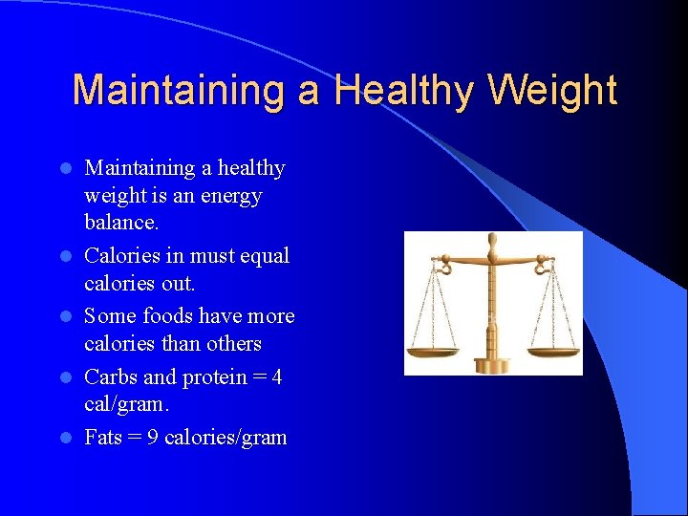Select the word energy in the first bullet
229,196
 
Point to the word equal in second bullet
264,256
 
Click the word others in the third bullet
236,343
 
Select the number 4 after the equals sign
276,376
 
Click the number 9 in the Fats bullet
152,438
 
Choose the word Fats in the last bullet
103,438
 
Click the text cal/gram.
126,404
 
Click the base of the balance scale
494,365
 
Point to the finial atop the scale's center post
493,240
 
